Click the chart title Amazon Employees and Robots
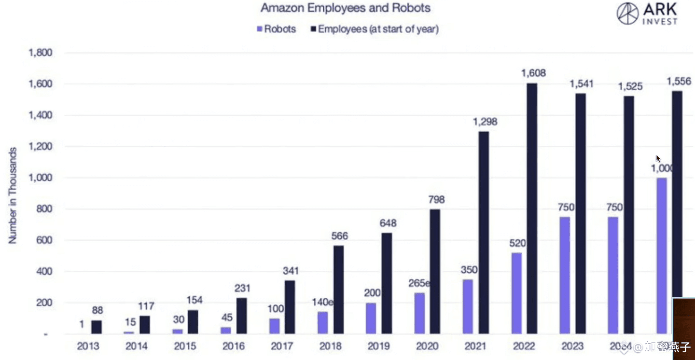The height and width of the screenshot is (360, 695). click(345, 8)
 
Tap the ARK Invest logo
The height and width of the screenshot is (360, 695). click(647, 14)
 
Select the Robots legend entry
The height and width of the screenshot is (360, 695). click(277, 29)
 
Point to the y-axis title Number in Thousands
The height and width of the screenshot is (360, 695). click(13, 195)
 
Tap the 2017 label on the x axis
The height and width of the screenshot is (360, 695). click(282, 346)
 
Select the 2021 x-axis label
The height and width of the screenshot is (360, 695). click(475, 346)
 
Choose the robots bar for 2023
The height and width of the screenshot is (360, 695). click(565, 276)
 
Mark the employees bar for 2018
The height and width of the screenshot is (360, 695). click(338, 290)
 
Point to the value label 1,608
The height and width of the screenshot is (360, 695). click(533, 73)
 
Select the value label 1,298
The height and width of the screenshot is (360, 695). click(485, 122)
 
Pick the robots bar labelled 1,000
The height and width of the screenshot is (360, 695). click(661, 256)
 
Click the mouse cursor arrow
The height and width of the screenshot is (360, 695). click(658, 158)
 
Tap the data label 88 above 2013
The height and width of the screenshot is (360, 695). click(97, 311)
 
